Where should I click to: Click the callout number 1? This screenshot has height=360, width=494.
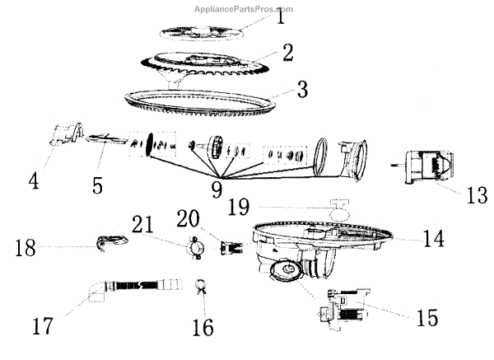click(x=280, y=17)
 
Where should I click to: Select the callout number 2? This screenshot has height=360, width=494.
click(x=287, y=53)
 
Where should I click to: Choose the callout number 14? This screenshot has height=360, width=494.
click(x=434, y=239)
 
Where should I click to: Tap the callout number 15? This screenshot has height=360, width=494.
click(x=426, y=316)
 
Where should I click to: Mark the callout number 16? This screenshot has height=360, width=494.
click(x=202, y=327)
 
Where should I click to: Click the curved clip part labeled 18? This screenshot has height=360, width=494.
click(x=110, y=242)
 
